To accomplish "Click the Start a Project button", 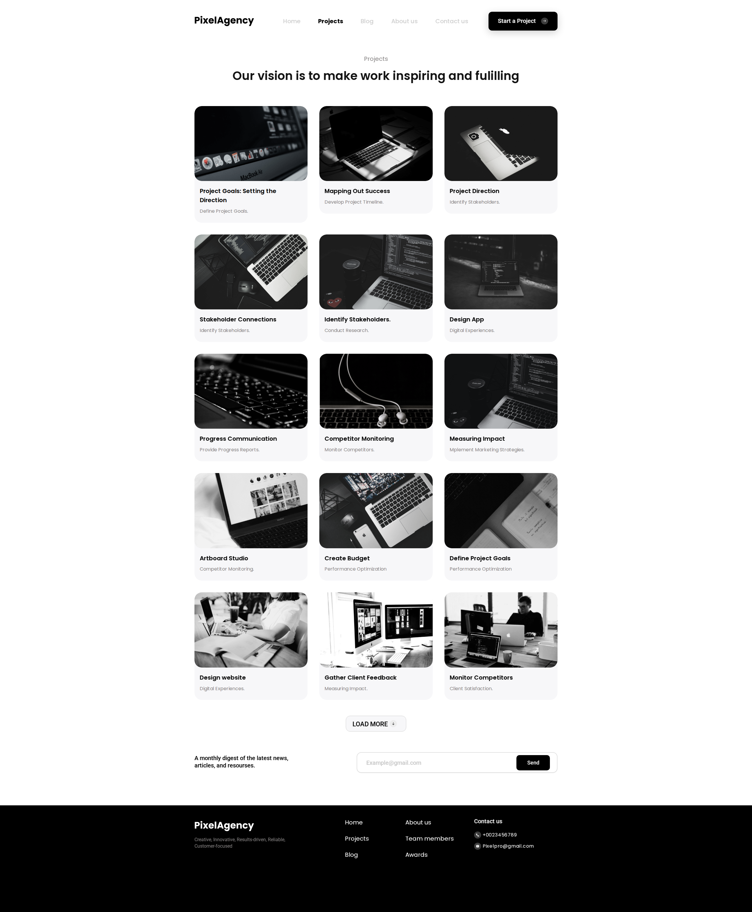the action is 522,21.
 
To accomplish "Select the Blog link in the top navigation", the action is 367,21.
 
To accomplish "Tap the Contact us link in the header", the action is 451,21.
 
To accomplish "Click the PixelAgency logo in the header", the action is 224,21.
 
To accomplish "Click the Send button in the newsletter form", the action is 533,762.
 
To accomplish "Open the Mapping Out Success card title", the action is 357,191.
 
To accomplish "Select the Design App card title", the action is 466,319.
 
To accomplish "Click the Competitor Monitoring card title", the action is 359,438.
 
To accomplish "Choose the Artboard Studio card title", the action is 224,558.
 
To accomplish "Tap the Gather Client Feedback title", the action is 360,678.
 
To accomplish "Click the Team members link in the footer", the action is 429,838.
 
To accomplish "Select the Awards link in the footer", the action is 416,854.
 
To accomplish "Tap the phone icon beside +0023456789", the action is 477,835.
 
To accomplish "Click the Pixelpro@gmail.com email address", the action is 508,846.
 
